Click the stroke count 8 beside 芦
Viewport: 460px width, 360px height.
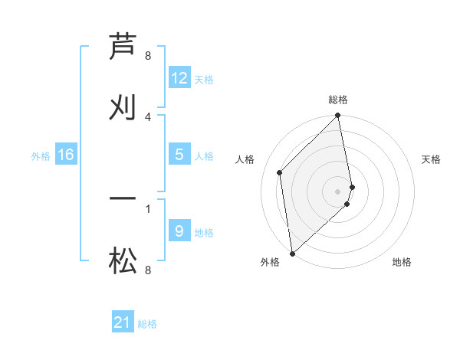point(148,56)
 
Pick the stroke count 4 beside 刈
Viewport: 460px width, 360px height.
point(148,116)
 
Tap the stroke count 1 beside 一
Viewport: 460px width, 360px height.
point(148,208)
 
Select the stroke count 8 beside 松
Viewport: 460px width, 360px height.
point(148,270)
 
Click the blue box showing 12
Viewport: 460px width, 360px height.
point(179,78)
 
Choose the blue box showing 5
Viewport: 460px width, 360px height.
point(179,155)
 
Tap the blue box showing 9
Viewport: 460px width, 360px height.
point(179,231)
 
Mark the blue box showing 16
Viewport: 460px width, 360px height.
point(66,155)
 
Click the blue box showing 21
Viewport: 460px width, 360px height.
point(123,323)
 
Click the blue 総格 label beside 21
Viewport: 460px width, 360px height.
point(147,324)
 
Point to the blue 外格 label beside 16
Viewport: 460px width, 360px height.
point(41,156)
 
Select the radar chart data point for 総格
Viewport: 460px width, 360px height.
point(338,116)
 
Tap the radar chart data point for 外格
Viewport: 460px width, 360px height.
point(292,253)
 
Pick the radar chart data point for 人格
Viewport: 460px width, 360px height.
point(280,172)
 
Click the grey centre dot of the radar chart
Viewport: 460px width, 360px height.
point(338,191)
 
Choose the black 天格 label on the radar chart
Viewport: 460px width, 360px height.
point(432,159)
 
